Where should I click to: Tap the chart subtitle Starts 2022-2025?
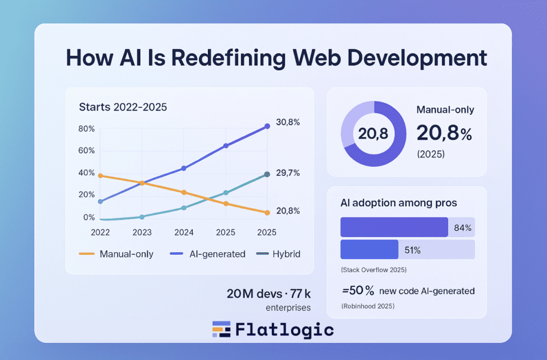point(123,107)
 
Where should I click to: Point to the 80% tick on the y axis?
point(86,129)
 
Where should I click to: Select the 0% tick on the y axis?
point(89,217)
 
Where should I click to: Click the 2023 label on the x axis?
point(142,232)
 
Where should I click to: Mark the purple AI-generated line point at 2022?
point(100,201)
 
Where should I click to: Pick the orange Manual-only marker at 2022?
point(100,176)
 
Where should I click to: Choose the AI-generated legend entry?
point(217,254)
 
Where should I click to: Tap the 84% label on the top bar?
point(463,228)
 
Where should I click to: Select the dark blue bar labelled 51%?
point(369,249)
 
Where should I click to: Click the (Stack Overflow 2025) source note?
point(373,270)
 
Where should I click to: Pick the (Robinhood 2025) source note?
point(368,307)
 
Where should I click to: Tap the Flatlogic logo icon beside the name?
point(221,330)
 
